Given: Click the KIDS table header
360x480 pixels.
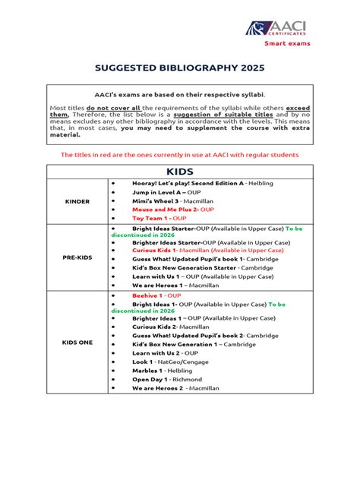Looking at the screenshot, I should point(179,172).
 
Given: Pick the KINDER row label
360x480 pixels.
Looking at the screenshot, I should point(77,201).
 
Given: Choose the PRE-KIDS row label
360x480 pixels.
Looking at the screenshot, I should point(77,258).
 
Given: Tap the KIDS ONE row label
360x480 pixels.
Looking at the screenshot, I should point(77,343).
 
